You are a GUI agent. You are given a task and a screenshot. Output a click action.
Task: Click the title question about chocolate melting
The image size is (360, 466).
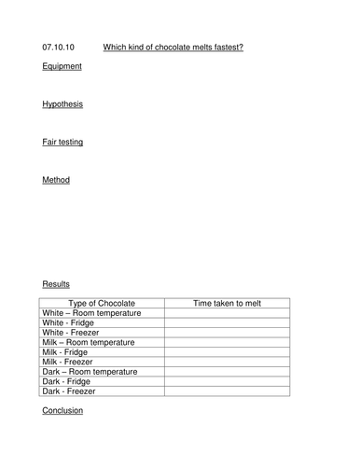[x=173, y=47]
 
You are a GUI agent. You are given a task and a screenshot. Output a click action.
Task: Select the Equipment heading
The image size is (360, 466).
[x=62, y=66]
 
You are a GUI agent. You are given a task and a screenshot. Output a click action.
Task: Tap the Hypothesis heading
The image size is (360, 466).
[x=62, y=103]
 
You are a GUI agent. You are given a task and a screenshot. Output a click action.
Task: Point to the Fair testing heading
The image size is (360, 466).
[x=62, y=142]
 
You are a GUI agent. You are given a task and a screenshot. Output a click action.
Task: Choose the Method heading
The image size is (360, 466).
[x=56, y=180]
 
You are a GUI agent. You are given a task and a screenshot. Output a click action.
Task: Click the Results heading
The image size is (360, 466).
[x=56, y=283]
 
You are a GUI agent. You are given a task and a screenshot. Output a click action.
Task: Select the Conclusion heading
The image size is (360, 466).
[x=62, y=410]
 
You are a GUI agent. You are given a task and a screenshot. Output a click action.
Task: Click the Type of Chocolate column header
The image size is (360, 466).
[x=103, y=303]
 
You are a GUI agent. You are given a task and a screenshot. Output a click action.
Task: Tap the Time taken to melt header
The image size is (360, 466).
[x=227, y=303]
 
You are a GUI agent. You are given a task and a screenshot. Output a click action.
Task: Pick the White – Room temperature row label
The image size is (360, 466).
[x=92, y=313]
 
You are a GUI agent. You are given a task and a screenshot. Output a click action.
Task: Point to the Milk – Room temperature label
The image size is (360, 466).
[x=89, y=342]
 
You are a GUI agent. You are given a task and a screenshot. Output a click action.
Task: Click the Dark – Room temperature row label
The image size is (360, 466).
[x=90, y=372]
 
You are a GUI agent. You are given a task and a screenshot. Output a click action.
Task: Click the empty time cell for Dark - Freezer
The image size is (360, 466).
[x=227, y=391]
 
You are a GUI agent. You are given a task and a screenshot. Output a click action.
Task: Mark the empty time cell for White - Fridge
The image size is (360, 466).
[x=227, y=322]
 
